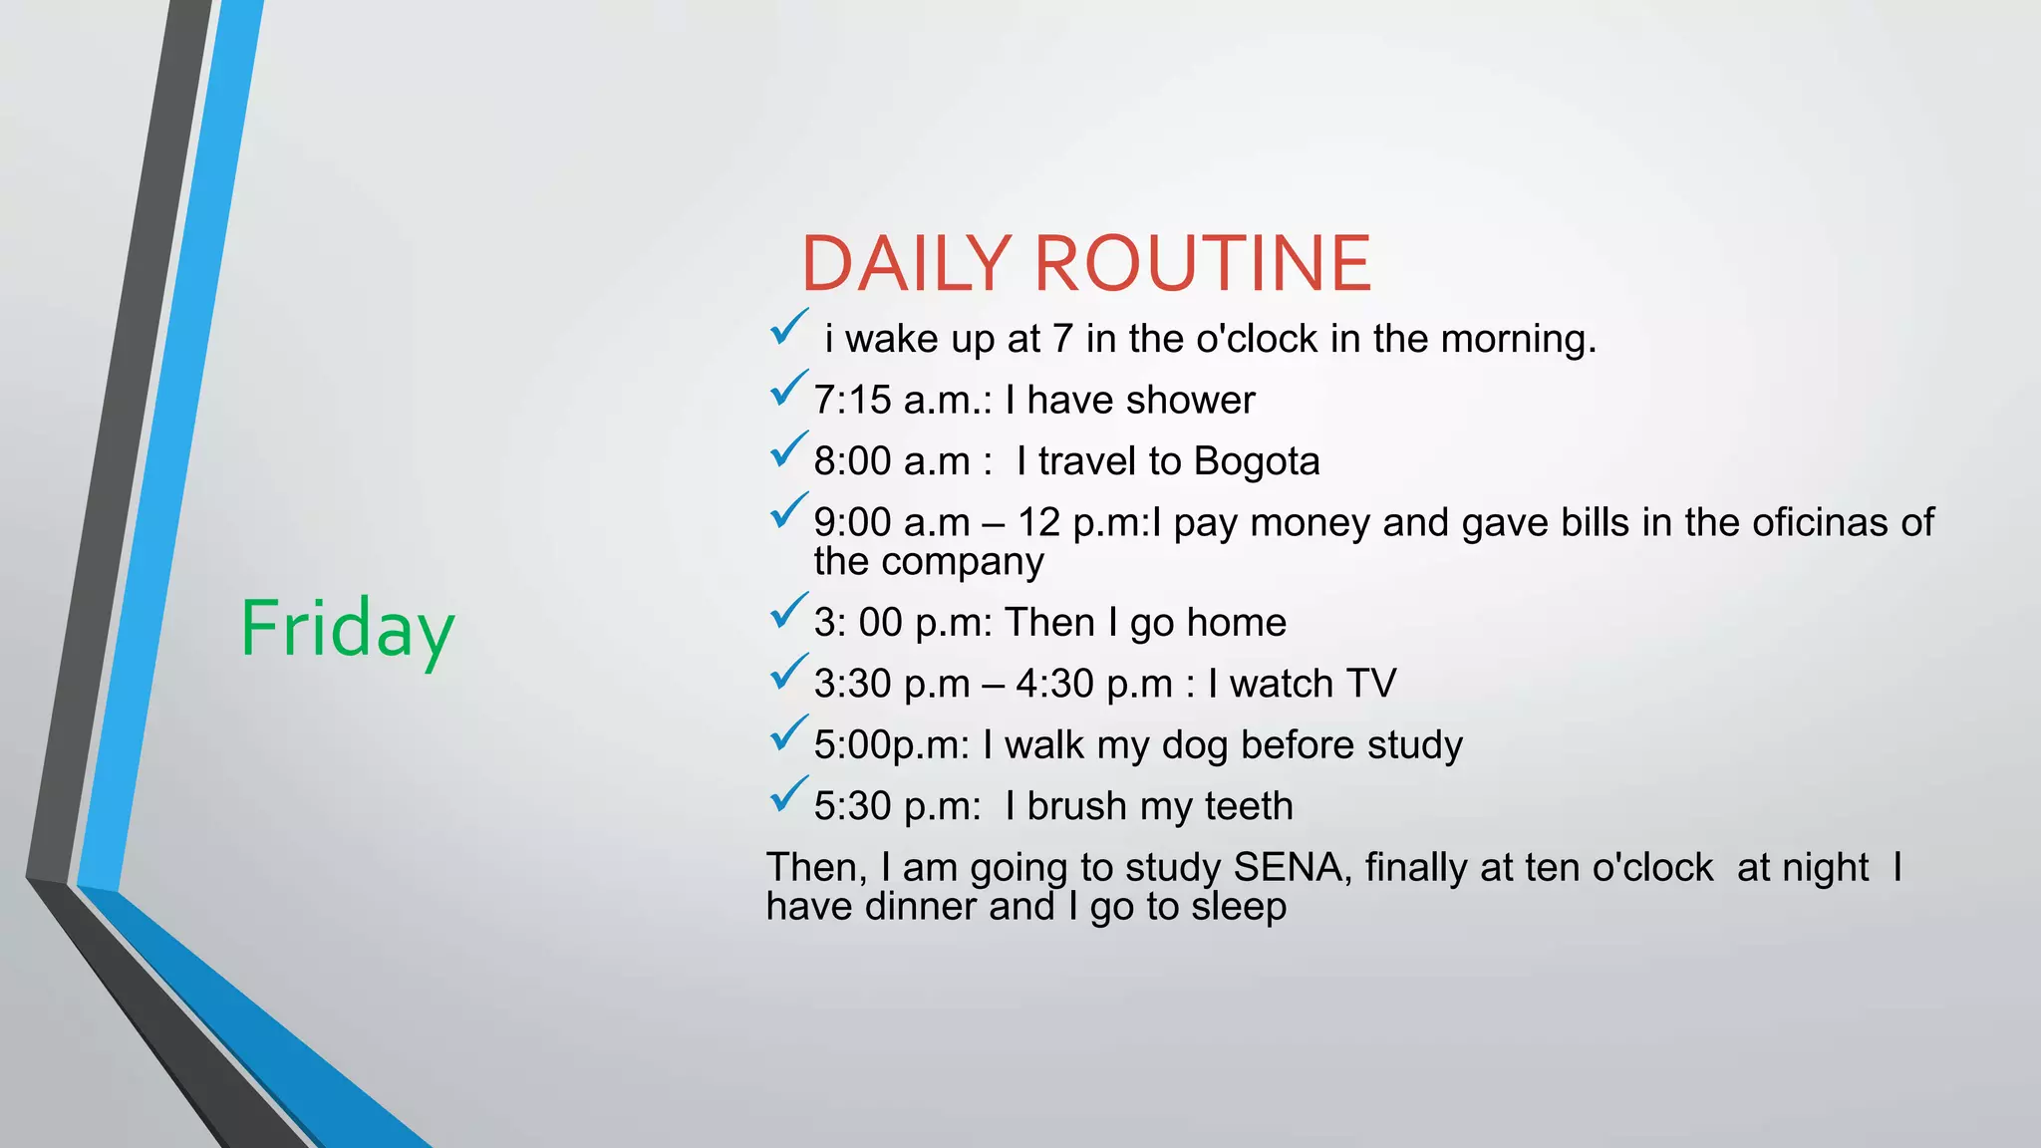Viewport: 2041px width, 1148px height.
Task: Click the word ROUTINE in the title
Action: pyautogui.click(x=1203, y=264)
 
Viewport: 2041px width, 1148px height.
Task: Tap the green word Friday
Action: pyautogui.click(x=347, y=629)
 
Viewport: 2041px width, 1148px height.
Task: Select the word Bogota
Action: pyautogui.click(x=1257, y=461)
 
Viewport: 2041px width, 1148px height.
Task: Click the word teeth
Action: pyautogui.click(x=1249, y=806)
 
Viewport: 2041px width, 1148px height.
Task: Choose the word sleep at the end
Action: pyautogui.click(x=1239, y=907)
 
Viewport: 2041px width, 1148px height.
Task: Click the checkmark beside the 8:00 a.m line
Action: pyautogui.click(x=787, y=450)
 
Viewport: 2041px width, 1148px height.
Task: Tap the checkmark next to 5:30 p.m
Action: pyautogui.click(x=787, y=795)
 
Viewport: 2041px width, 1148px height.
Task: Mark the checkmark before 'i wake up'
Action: pyautogui.click(x=787, y=328)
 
